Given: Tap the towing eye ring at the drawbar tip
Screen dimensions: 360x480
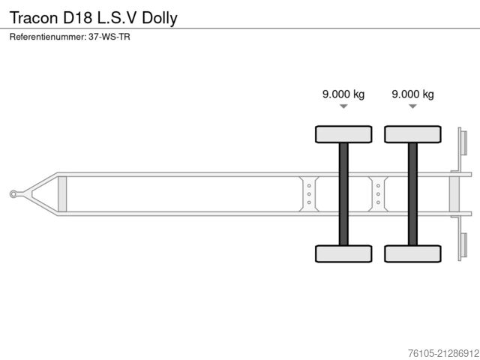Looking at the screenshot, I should pyautogui.click(x=14, y=194).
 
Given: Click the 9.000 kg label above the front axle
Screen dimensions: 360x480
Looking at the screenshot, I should pyautogui.click(x=343, y=94).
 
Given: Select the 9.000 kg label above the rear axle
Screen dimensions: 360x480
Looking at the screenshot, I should pyautogui.click(x=412, y=94).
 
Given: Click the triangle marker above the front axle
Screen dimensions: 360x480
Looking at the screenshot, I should pyautogui.click(x=343, y=107).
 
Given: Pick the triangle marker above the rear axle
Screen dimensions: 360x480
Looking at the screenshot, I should pyautogui.click(x=412, y=107).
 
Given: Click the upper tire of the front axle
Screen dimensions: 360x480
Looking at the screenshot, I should pyautogui.click(x=343, y=134).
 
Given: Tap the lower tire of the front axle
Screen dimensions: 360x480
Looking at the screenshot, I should pyautogui.click(x=343, y=253).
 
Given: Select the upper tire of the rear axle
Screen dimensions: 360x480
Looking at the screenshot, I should pyautogui.click(x=412, y=134).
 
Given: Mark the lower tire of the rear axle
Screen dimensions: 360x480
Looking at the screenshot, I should pyautogui.click(x=412, y=253).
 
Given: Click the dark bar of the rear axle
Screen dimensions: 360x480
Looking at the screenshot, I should pyautogui.click(x=412, y=193).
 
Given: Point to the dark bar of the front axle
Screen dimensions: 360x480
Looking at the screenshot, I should pyautogui.click(x=343, y=193).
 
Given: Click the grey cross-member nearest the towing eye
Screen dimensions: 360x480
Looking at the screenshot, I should pyautogui.click(x=62, y=193).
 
